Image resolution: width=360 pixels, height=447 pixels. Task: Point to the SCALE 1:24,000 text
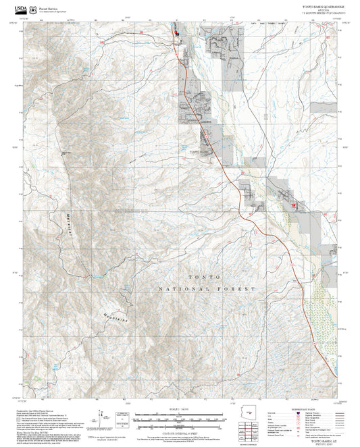(180, 409)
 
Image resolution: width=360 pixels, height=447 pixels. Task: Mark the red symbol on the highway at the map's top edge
(177, 32)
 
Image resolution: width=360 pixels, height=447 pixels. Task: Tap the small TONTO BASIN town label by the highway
(201, 153)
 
